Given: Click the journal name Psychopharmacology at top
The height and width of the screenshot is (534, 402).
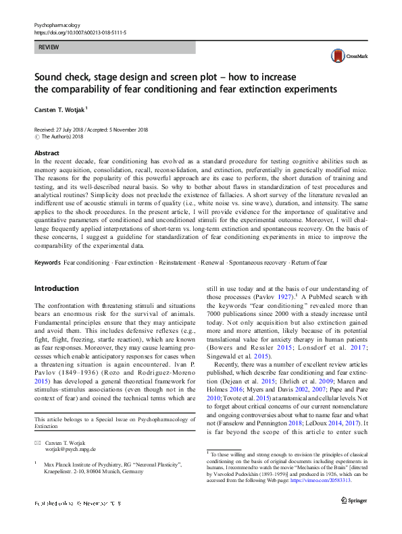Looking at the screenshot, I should (59, 24).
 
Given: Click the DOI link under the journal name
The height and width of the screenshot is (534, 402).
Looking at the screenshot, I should (80, 32).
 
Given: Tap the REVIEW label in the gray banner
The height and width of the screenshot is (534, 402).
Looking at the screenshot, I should (49, 47).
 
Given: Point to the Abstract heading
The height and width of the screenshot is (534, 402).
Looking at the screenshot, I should (47, 154).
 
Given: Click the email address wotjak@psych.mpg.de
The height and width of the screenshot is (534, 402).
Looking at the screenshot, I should (70, 448).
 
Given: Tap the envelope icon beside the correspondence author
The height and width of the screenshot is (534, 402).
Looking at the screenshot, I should (37, 442).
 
